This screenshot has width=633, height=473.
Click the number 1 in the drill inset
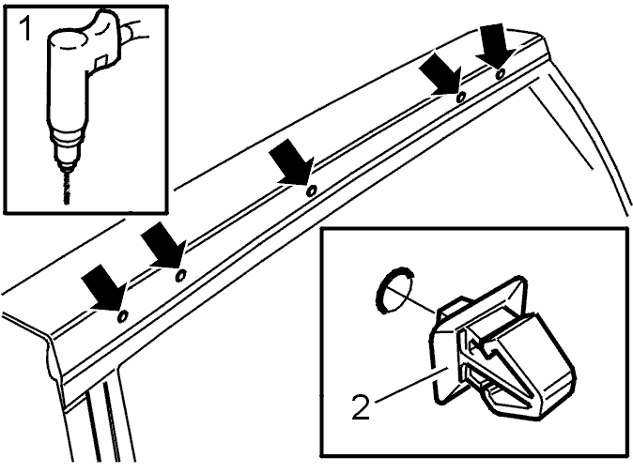(25, 29)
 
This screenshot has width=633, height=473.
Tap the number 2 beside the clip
(361, 407)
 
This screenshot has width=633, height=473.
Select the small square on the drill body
(100, 62)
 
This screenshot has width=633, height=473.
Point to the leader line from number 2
(411, 384)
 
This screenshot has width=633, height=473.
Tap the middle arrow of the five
(291, 162)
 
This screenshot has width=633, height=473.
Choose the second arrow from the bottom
(163, 244)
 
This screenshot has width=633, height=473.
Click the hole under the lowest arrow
(123, 317)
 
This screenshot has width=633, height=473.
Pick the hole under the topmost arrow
(501, 73)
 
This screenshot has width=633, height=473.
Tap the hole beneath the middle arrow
(311, 191)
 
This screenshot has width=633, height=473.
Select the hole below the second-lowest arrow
(181, 275)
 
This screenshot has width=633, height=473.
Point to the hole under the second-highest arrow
(460, 97)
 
